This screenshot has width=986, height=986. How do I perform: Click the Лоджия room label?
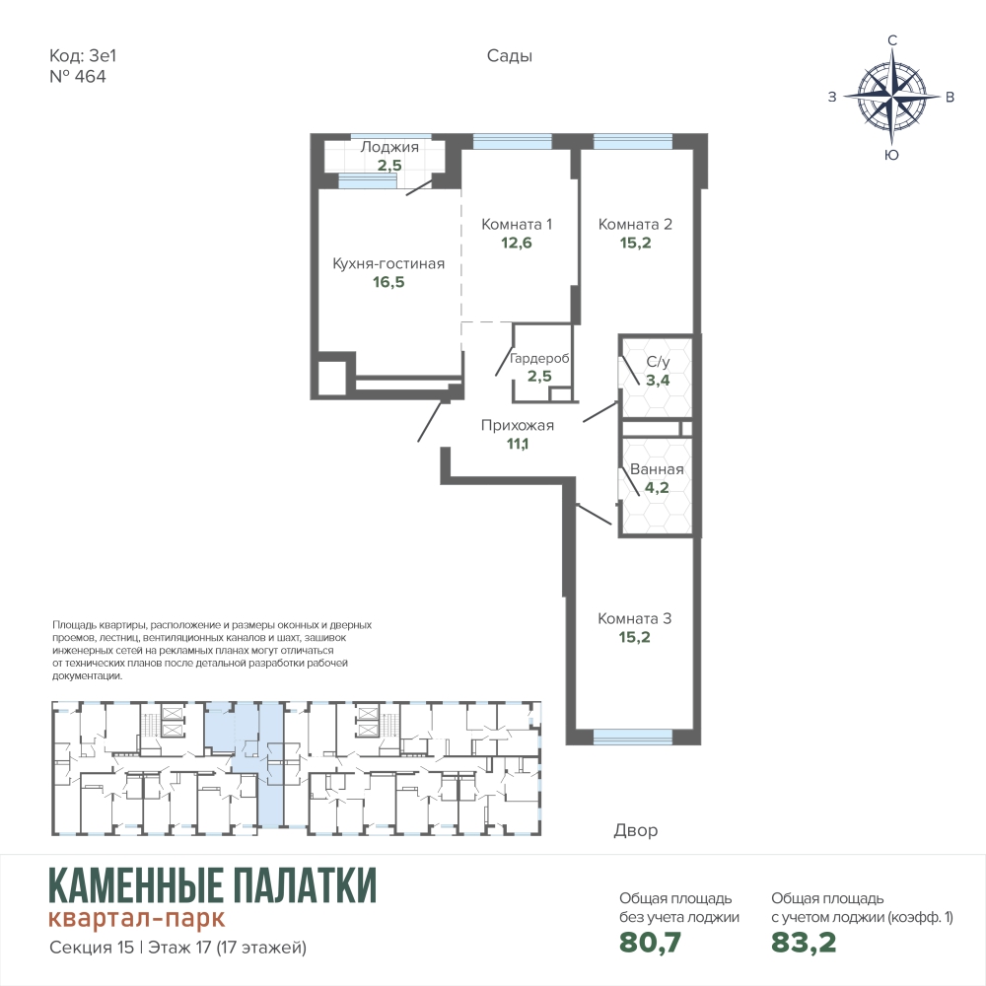389,147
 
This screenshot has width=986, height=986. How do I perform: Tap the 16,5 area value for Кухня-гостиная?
388,282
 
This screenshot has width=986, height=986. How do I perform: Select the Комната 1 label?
517,225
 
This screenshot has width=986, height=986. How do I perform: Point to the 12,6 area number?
517,243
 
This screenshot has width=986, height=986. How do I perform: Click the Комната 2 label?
635,225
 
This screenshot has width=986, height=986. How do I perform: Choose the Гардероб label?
539,359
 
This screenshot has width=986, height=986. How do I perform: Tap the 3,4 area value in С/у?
658,381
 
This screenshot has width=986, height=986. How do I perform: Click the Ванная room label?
657,469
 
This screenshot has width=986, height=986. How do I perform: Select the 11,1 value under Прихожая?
518,444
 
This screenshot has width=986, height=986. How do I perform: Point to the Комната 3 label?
634,619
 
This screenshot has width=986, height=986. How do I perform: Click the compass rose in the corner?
891,98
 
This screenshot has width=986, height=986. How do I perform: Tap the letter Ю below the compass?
891,156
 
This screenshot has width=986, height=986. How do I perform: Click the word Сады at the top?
510,56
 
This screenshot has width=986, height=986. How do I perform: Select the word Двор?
636,830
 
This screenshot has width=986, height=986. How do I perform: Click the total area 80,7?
650,943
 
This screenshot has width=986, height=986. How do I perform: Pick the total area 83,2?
804,943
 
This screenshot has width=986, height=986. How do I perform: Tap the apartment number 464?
91,77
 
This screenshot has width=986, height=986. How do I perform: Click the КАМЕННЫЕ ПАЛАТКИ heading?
213,884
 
